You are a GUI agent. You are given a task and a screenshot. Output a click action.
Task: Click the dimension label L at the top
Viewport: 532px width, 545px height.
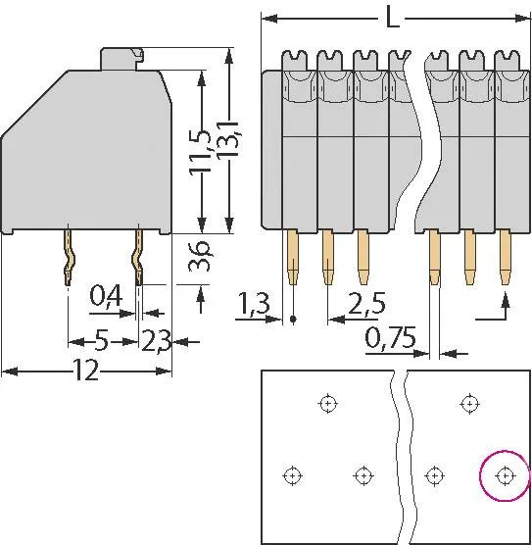(x=392, y=19)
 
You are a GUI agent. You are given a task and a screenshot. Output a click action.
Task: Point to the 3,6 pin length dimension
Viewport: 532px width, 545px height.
(x=200, y=260)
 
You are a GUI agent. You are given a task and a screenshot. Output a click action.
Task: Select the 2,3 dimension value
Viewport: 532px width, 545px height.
(x=157, y=341)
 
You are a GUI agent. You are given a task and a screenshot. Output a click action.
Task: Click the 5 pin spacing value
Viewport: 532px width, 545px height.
(x=101, y=341)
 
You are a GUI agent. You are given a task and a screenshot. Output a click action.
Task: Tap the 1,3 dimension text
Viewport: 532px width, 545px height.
(x=253, y=307)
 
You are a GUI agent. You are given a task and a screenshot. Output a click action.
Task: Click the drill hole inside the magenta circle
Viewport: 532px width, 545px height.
(x=505, y=475)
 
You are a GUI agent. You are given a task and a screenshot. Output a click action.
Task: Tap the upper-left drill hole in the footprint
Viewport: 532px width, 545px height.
(x=326, y=402)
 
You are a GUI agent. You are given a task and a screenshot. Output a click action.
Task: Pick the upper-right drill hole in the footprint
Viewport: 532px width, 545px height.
(x=469, y=402)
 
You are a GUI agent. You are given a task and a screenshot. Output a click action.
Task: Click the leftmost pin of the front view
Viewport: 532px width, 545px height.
(x=293, y=257)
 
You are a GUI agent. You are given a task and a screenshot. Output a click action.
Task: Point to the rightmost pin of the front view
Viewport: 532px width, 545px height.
(x=506, y=257)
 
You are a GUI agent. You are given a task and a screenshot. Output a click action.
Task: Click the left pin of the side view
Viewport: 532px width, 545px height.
(x=69, y=258)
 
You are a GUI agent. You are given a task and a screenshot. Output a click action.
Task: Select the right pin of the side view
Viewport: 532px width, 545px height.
(x=138, y=258)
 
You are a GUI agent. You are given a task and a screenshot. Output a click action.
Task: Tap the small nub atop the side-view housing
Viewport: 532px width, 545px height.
(x=125, y=59)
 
